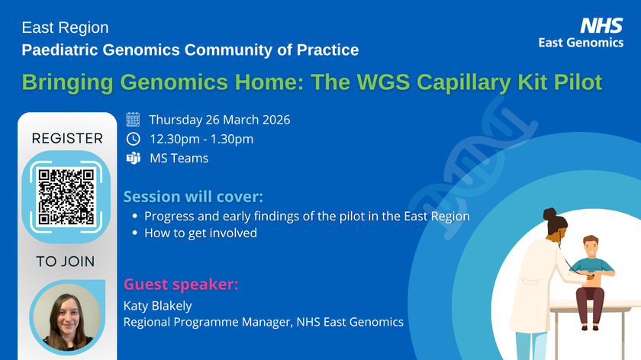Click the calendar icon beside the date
pyautogui.click(x=133, y=120)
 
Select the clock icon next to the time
pyautogui.click(x=133, y=139)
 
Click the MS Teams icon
pyautogui.click(x=133, y=159)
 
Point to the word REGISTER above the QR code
pyautogui.click(x=66, y=138)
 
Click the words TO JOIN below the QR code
pyautogui.click(x=66, y=262)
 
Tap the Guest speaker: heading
pyautogui.click(x=181, y=285)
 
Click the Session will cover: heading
pyautogui.click(x=192, y=197)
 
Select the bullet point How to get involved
pyautogui.click(x=200, y=233)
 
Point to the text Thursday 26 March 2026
pyautogui.click(x=220, y=120)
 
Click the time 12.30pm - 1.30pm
pyautogui.click(x=201, y=139)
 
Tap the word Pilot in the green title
pyautogui.click(x=575, y=82)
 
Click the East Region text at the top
pyautogui.click(x=65, y=28)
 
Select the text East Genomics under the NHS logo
pyautogui.click(x=581, y=43)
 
